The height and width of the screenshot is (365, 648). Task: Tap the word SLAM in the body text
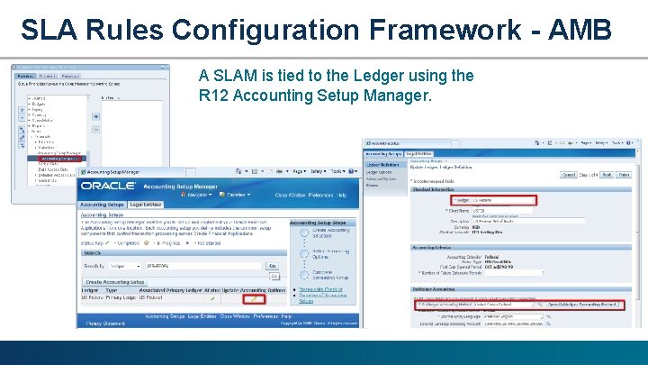[236, 76]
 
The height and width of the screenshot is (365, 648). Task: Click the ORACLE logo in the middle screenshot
[108, 186]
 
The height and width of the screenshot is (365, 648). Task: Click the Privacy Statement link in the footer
[105, 323]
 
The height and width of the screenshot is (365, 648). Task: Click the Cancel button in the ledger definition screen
[568, 176]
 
